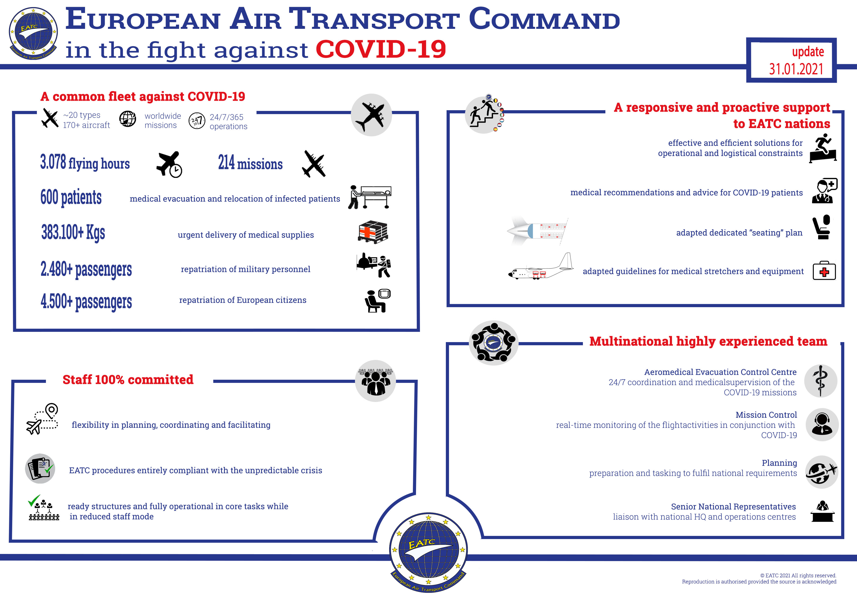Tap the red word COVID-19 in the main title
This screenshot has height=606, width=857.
[381, 49]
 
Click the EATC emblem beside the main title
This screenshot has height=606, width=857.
[33, 34]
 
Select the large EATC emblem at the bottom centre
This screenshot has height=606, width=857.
[428, 552]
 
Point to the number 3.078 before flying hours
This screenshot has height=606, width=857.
[53, 162]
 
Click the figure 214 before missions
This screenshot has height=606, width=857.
[226, 163]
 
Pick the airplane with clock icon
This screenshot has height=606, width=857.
[169, 164]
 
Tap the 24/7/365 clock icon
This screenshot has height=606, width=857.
[197, 121]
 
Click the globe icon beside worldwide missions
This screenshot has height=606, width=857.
[128, 119]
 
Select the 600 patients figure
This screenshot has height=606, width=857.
[71, 197]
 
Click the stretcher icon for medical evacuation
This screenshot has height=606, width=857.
[370, 197]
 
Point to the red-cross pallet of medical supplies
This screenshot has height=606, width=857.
[373, 232]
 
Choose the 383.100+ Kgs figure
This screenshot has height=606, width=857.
[73, 232]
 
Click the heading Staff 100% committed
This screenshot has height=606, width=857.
[128, 380]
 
